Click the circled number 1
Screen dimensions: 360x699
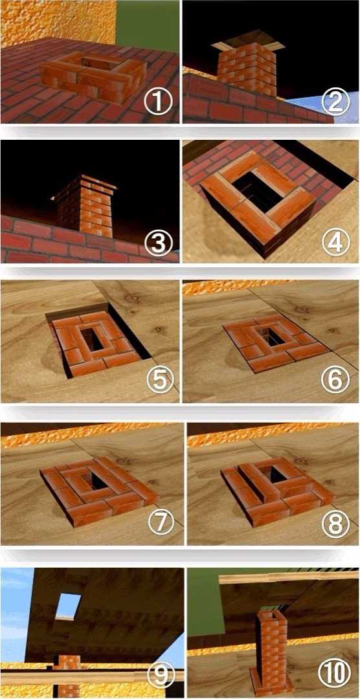[x=159, y=103]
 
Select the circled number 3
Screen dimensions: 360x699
[x=159, y=243]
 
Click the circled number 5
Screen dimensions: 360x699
[x=159, y=382]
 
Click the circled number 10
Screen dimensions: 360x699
[x=335, y=676]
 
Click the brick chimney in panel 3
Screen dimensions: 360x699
[x=86, y=206]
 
